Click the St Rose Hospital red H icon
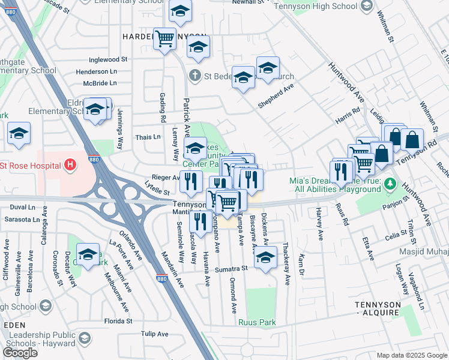(x=70, y=164)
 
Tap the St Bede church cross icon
(x=194, y=76)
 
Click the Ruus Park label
(x=257, y=322)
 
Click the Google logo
(x=20, y=352)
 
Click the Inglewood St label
(x=109, y=60)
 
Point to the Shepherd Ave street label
(x=276, y=95)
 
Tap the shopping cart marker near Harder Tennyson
(x=164, y=39)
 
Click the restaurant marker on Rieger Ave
(x=191, y=181)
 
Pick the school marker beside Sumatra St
(x=265, y=257)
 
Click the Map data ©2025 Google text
(x=412, y=355)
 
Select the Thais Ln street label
(x=148, y=137)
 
